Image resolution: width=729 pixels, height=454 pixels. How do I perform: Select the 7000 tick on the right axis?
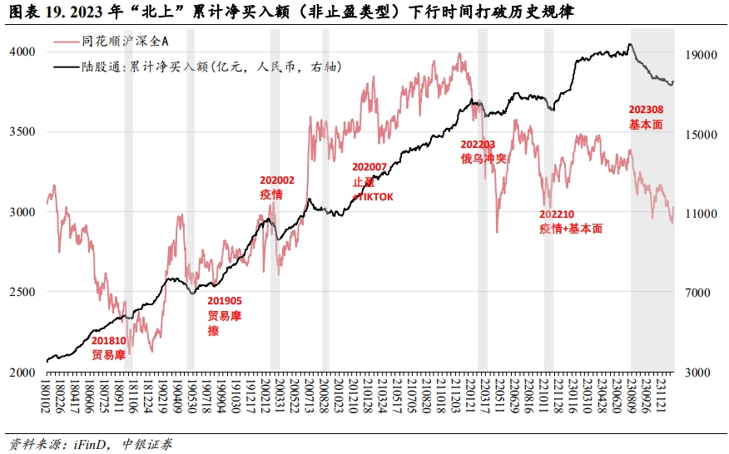[x=698, y=293]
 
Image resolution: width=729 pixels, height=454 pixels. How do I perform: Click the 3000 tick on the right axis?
[x=698, y=373]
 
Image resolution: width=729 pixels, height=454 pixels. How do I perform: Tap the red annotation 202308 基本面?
[x=646, y=117]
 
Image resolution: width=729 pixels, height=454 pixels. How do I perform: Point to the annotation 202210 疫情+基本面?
[x=570, y=221]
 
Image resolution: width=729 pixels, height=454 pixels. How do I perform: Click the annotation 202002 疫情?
[x=276, y=186]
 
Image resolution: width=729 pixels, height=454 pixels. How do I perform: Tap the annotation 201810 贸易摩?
[x=108, y=348]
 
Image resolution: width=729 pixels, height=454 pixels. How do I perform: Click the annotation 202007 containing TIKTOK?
[x=372, y=181]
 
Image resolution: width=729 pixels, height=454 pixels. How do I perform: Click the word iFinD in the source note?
[x=88, y=444]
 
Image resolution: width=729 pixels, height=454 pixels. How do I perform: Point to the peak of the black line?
[x=630, y=44]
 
